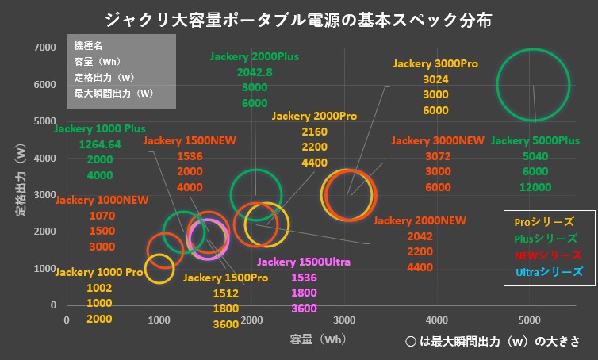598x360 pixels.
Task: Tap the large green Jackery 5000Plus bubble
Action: click(x=533, y=85)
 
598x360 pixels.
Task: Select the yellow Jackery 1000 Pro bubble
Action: click(x=159, y=268)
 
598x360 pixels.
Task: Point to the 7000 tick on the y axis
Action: click(x=45, y=48)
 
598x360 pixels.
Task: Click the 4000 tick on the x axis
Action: click(x=437, y=320)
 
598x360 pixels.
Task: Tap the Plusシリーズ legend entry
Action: click(x=546, y=238)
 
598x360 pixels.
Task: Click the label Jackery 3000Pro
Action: click(x=435, y=63)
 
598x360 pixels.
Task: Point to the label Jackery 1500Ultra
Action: click(x=304, y=262)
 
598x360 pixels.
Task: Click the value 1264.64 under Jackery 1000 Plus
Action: click(x=99, y=144)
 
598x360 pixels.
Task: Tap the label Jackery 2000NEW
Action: click(x=420, y=220)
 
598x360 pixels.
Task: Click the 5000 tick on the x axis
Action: click(x=530, y=320)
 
